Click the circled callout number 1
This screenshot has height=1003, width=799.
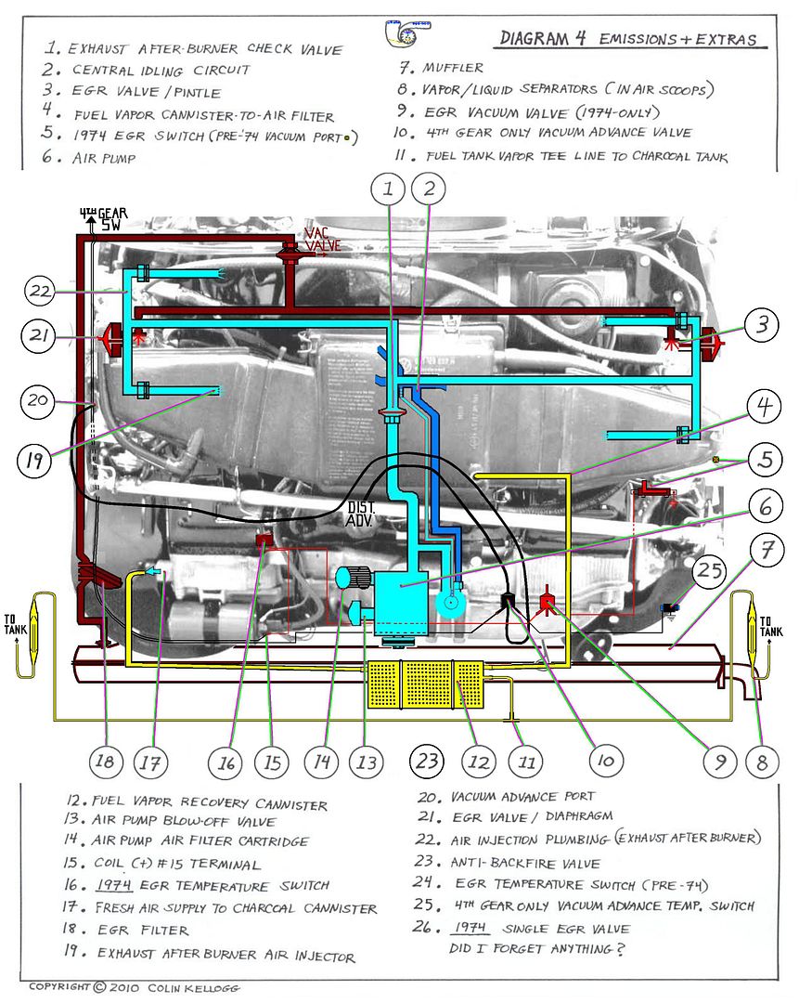tap(390, 191)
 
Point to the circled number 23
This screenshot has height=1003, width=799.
tap(426, 762)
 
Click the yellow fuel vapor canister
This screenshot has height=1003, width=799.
tap(423, 685)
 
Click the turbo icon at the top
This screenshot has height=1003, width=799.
tap(406, 31)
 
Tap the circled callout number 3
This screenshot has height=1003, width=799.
tap(761, 325)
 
